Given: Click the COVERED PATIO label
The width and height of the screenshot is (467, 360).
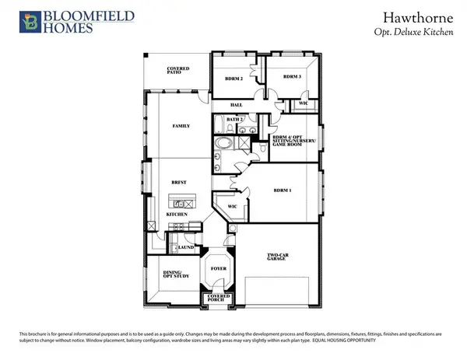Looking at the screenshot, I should pos(178,71).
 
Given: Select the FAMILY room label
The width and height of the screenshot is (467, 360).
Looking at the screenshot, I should pos(181,126).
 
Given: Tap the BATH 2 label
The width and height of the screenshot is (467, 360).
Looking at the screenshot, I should pos(237,119).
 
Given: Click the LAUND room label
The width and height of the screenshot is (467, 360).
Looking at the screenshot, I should pos(186,247).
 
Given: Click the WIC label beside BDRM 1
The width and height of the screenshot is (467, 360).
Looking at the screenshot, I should pos(231,207).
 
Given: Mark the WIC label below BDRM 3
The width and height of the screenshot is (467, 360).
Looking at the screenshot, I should pos(303,103).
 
